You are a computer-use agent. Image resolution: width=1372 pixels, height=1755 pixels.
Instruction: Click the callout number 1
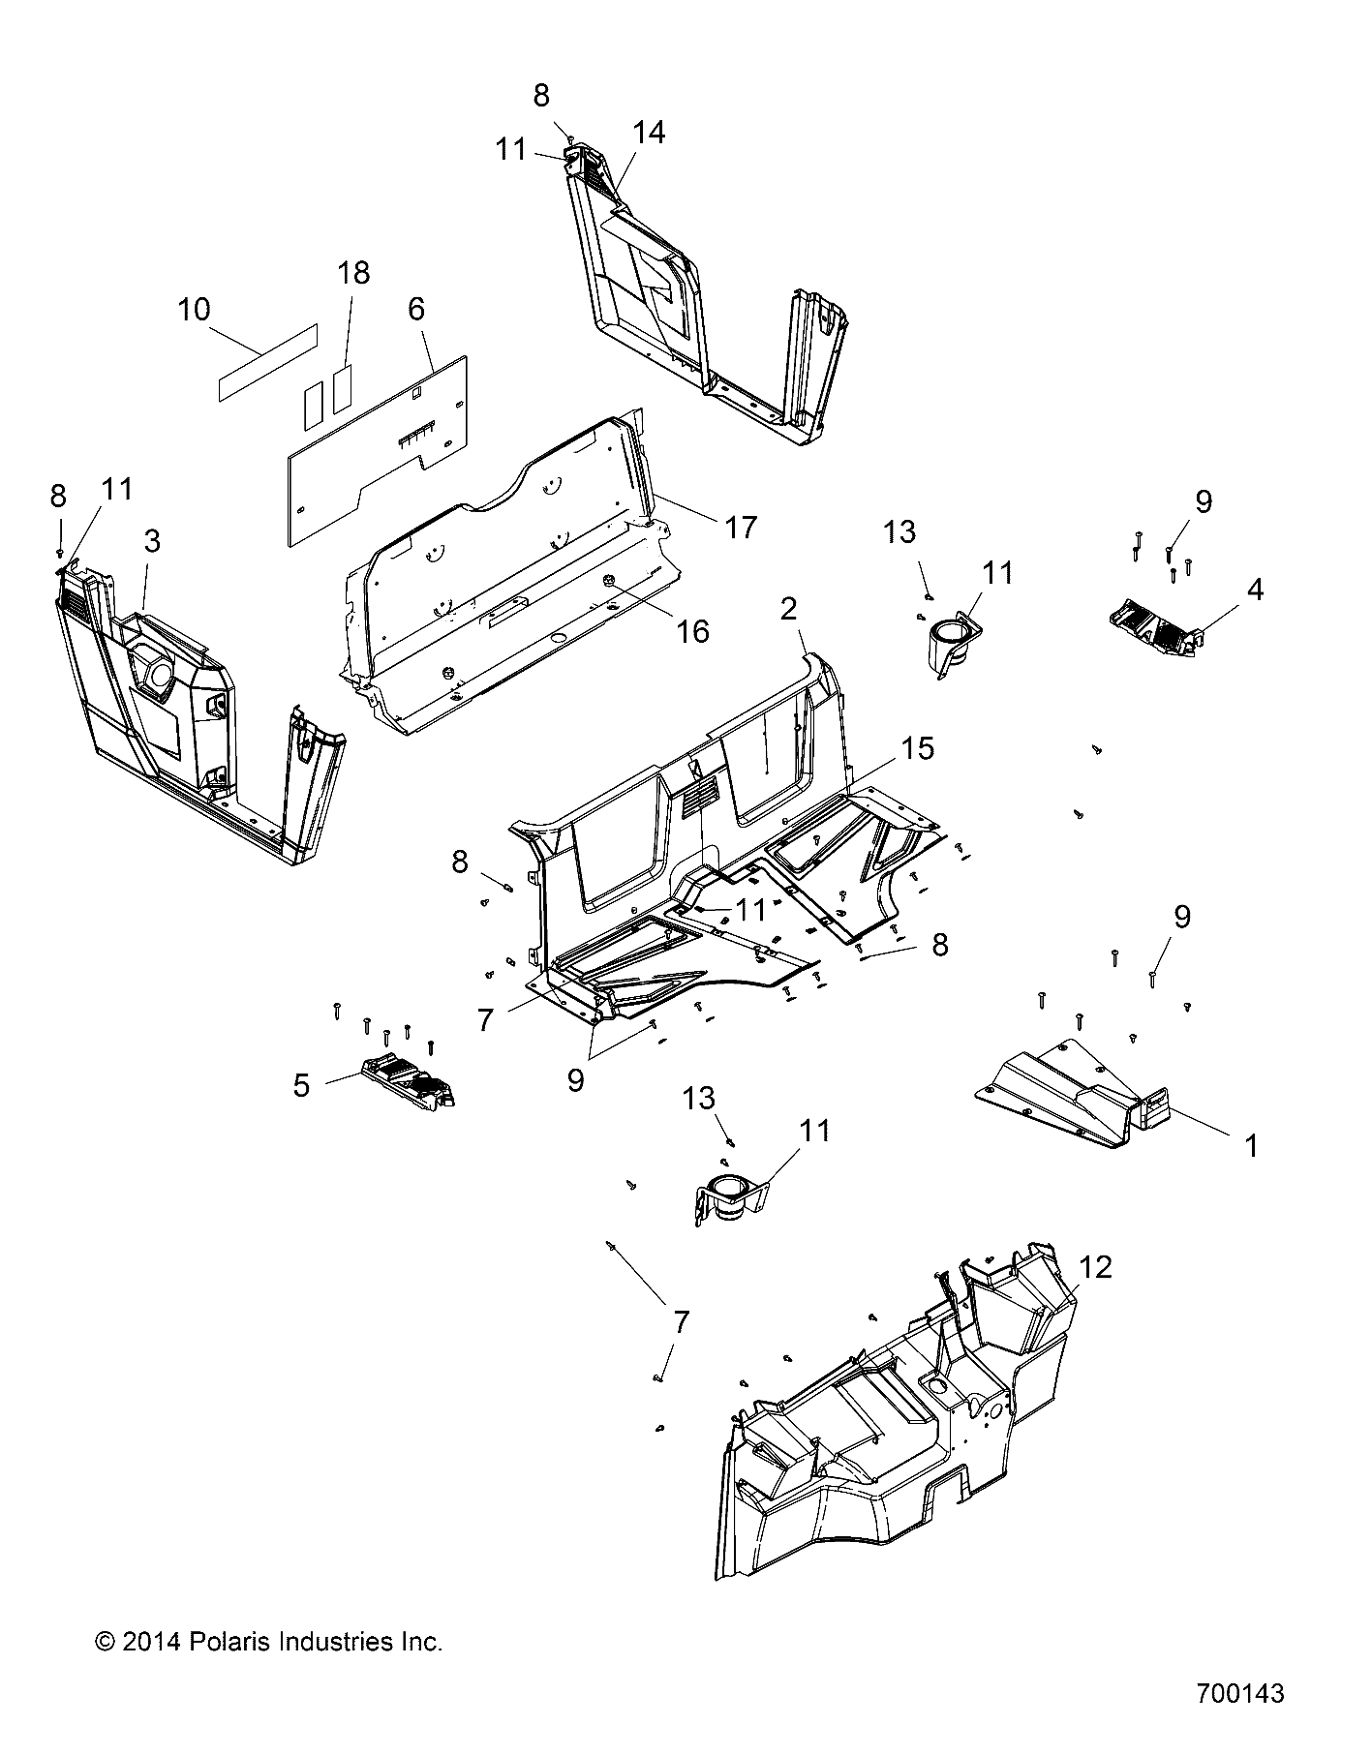(x=1250, y=1146)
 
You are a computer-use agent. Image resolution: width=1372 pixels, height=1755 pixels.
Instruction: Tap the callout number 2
(x=789, y=609)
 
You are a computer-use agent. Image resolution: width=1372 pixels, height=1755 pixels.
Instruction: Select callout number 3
(x=152, y=541)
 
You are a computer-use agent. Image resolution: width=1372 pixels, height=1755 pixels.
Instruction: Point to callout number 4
(x=1254, y=589)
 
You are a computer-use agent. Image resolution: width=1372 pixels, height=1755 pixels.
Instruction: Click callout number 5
(x=301, y=1086)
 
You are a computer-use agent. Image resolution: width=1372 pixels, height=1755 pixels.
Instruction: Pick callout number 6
(x=416, y=310)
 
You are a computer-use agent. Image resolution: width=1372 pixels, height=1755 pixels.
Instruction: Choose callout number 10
(x=194, y=310)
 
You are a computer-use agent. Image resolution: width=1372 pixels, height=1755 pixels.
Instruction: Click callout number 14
(x=649, y=134)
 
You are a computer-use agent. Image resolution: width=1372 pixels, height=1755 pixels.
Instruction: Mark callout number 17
(x=740, y=527)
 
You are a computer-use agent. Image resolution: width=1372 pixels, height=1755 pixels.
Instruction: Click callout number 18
(x=354, y=273)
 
